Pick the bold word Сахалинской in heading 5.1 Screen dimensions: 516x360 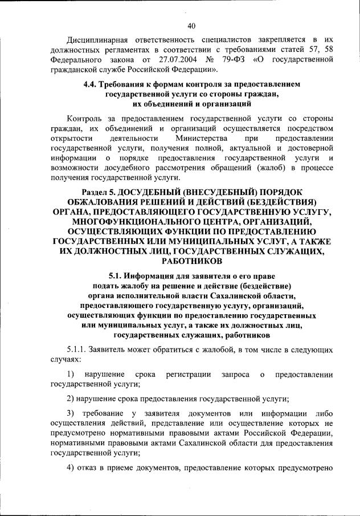[x=243, y=295]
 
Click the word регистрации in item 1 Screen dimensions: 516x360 [x=186, y=374]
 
